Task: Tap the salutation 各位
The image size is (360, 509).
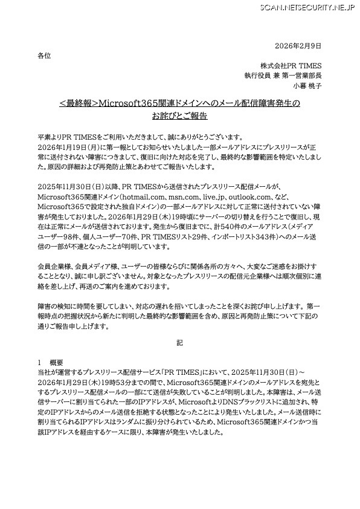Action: [44, 56]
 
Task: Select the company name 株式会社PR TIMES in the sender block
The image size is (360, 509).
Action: [291, 65]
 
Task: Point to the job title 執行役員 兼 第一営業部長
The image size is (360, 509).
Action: [283, 76]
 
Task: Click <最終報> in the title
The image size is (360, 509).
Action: [78, 103]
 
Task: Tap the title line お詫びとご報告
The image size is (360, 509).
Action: [179, 116]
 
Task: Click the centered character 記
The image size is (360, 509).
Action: [179, 343]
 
